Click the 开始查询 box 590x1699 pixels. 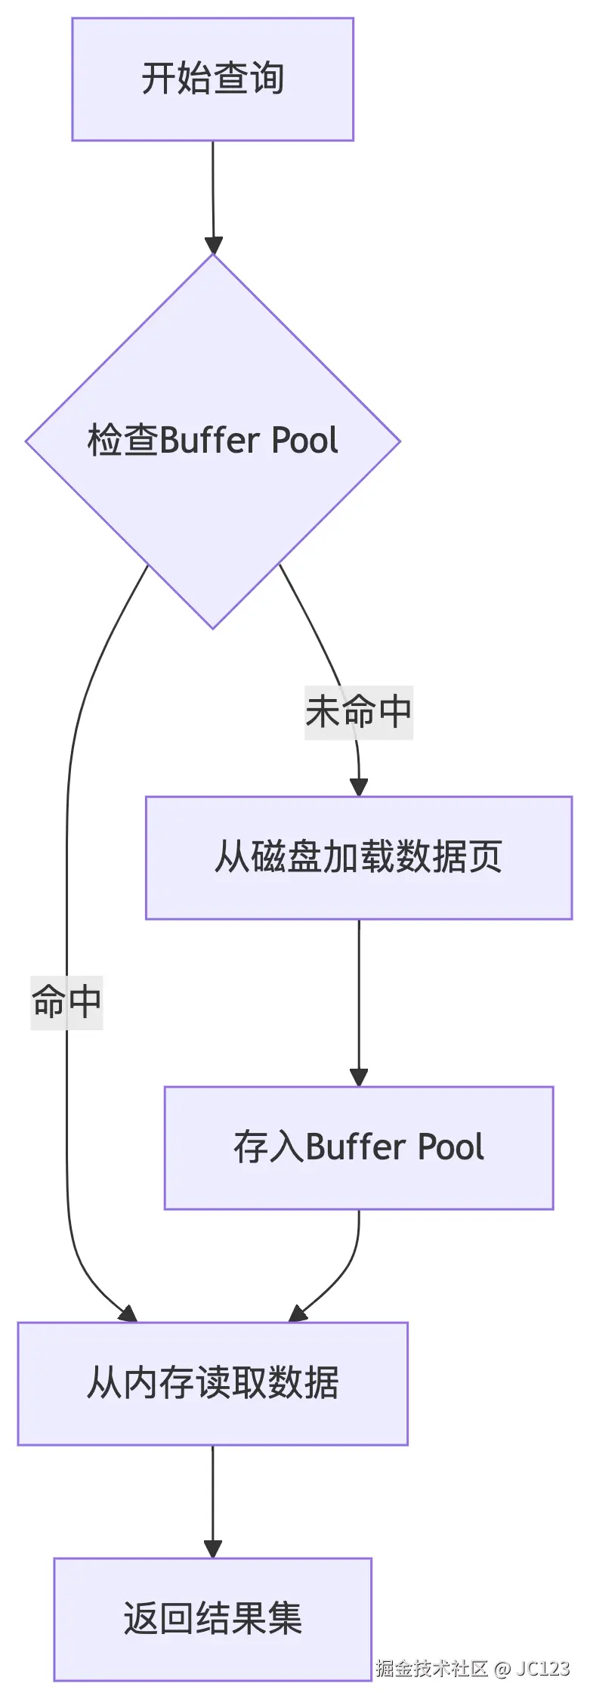(212, 79)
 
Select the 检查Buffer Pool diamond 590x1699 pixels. (212, 441)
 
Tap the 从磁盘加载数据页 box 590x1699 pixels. (358, 857)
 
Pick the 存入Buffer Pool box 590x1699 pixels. (358, 1147)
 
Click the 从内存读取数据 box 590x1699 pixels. (212, 1383)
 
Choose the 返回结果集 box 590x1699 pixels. (212, 1619)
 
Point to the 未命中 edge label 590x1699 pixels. (358, 712)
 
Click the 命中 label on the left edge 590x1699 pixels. (66, 1002)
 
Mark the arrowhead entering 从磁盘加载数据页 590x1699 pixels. (359, 787)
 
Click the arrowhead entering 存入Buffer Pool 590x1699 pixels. (359, 1077)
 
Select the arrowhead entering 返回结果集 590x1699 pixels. (213, 1549)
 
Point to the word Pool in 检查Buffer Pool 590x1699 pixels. (304, 441)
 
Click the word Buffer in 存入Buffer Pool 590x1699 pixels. (356, 1147)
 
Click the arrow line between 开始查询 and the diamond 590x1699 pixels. (213, 189)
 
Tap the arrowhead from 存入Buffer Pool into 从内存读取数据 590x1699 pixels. (299, 1314)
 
